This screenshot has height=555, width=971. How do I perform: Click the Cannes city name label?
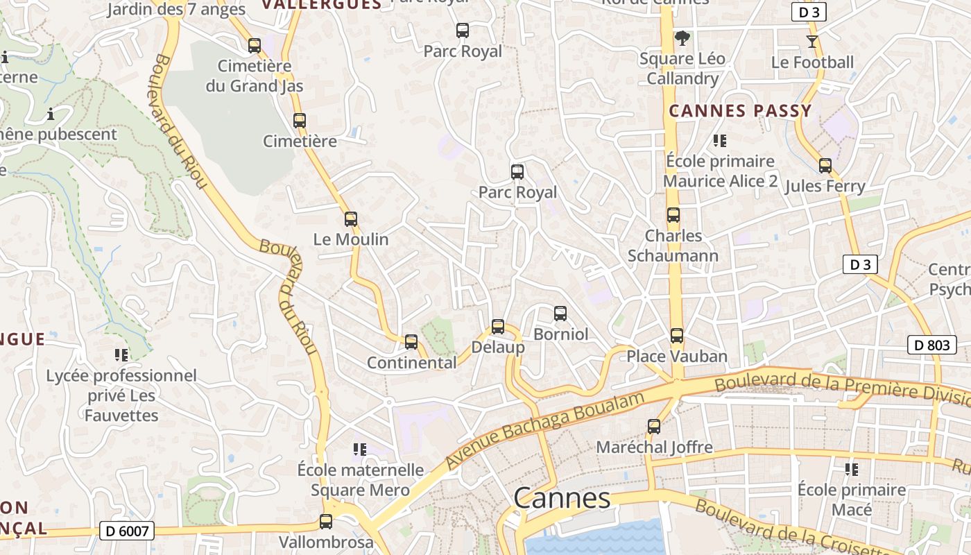562,498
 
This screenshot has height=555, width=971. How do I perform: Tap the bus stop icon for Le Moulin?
351,219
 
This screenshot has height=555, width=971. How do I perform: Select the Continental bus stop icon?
411,341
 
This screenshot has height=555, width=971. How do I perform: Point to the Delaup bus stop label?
497,347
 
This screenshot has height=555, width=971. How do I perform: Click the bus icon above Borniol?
560,314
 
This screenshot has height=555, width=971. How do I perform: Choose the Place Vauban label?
677,357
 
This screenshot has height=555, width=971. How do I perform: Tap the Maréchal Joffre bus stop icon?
654,427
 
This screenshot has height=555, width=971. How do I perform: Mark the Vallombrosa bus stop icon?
326,522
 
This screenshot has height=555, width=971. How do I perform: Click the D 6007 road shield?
126,531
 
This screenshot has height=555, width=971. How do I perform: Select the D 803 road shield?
931,345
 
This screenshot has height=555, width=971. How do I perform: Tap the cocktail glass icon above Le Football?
812,42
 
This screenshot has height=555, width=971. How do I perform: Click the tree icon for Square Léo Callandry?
682,38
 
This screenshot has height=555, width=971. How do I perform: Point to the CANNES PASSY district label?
740,111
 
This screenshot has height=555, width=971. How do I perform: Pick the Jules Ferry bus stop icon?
825,166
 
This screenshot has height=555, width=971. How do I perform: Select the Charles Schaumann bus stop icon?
673,215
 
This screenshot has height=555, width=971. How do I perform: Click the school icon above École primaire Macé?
852,470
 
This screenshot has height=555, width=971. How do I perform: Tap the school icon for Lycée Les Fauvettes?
121,355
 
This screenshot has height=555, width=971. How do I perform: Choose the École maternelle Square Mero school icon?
359,450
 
